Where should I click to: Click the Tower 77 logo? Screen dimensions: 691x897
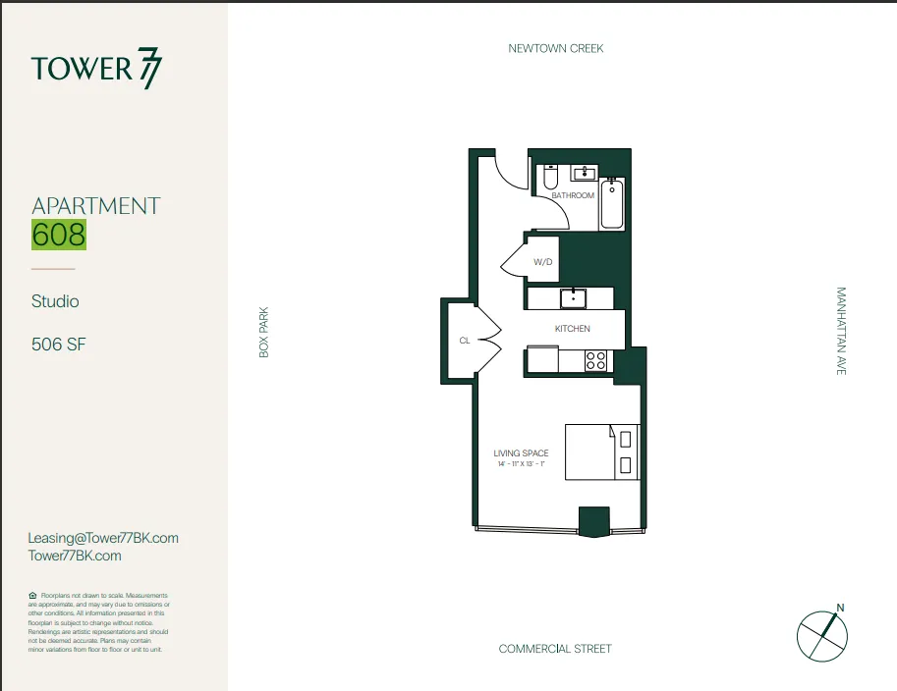tap(96, 69)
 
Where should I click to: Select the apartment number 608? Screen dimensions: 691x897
tap(59, 236)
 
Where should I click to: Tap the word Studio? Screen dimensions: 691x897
tap(55, 301)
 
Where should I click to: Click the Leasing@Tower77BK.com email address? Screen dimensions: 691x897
tap(104, 538)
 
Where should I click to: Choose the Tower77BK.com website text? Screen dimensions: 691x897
tap(76, 556)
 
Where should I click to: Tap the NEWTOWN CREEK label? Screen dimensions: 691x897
tap(555, 48)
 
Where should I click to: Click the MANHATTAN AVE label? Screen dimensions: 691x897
tap(841, 331)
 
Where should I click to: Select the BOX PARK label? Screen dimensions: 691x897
tap(263, 333)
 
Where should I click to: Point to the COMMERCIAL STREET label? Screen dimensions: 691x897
tap(555, 649)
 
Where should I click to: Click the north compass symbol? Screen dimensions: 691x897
tap(821, 633)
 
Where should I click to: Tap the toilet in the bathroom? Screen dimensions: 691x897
tap(550, 179)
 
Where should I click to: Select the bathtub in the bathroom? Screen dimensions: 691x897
tap(612, 204)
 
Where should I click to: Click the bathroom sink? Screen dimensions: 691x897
tap(586, 174)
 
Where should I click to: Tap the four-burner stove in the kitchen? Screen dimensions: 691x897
tap(596, 360)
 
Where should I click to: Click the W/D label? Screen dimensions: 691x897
tap(543, 262)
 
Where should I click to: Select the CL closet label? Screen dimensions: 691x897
tap(464, 342)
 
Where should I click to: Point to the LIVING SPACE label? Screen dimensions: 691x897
tap(521, 453)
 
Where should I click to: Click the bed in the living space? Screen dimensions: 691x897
tap(601, 452)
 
